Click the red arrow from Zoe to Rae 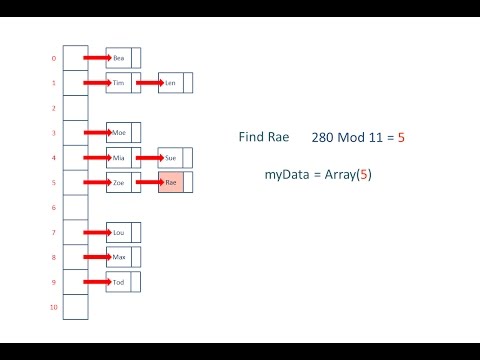149,183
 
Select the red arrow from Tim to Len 149,83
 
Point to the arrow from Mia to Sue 149,157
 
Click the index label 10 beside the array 53,307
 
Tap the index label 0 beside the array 54,58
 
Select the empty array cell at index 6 75,207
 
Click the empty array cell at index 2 75,108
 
